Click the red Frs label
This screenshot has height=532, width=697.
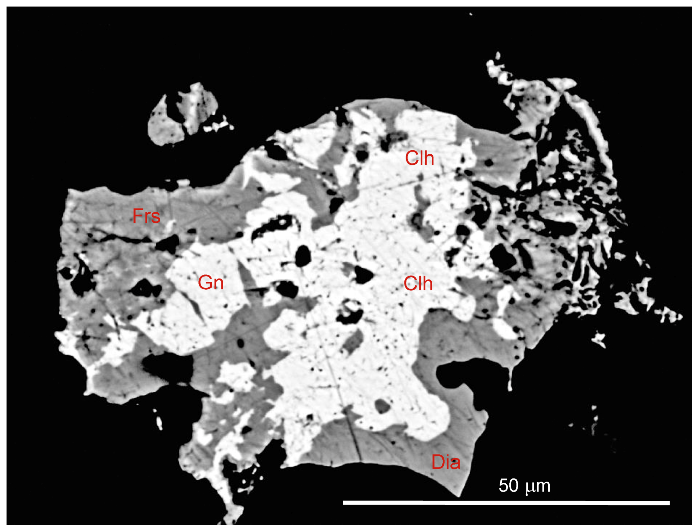146,216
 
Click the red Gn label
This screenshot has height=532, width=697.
210,282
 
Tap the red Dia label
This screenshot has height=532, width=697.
446,462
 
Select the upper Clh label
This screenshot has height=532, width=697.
419,158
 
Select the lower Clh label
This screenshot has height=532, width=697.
418,283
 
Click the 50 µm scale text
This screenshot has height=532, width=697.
524,485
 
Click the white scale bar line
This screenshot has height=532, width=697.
506,503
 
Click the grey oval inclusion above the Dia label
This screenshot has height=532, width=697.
382,406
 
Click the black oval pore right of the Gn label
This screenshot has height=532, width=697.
303,256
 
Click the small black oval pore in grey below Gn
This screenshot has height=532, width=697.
240,343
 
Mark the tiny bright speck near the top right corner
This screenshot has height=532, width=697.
471,14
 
